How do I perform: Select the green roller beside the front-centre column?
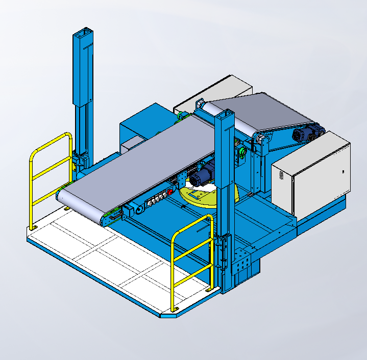point(242,151)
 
